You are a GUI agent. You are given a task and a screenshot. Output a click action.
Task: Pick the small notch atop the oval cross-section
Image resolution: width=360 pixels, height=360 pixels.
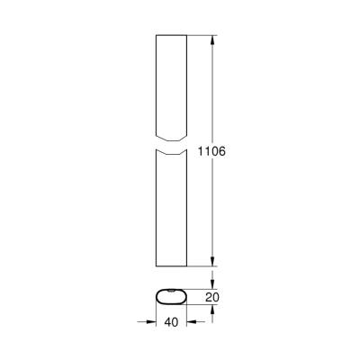171,290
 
